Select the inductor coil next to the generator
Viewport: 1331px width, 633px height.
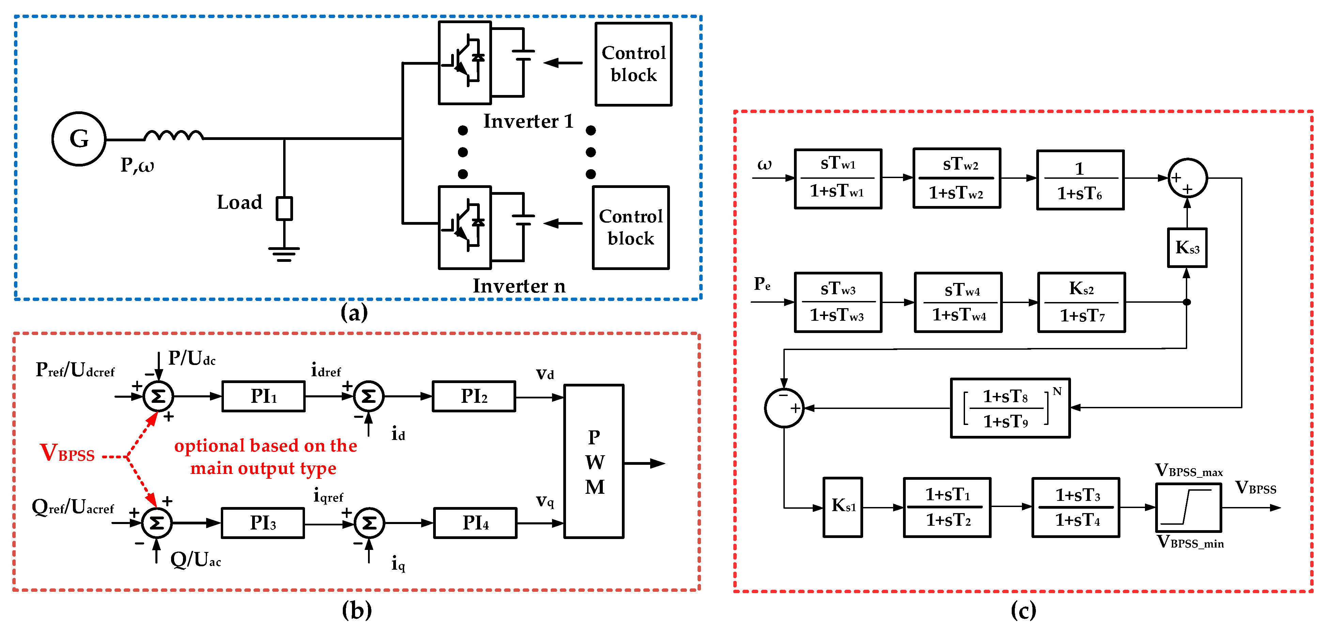173,136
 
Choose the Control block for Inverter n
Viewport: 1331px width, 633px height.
630,227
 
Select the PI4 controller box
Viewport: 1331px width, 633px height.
475,523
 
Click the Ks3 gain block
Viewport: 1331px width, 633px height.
1187,248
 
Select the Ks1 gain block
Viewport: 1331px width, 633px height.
842,507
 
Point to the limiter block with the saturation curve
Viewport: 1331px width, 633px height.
1188,507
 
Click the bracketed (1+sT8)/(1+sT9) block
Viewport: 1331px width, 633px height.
1010,408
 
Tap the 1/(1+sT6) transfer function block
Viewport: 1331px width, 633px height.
1080,180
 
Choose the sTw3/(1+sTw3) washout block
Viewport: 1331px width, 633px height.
838,302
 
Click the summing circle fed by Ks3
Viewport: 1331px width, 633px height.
1187,178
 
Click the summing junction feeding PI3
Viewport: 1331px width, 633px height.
156,523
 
